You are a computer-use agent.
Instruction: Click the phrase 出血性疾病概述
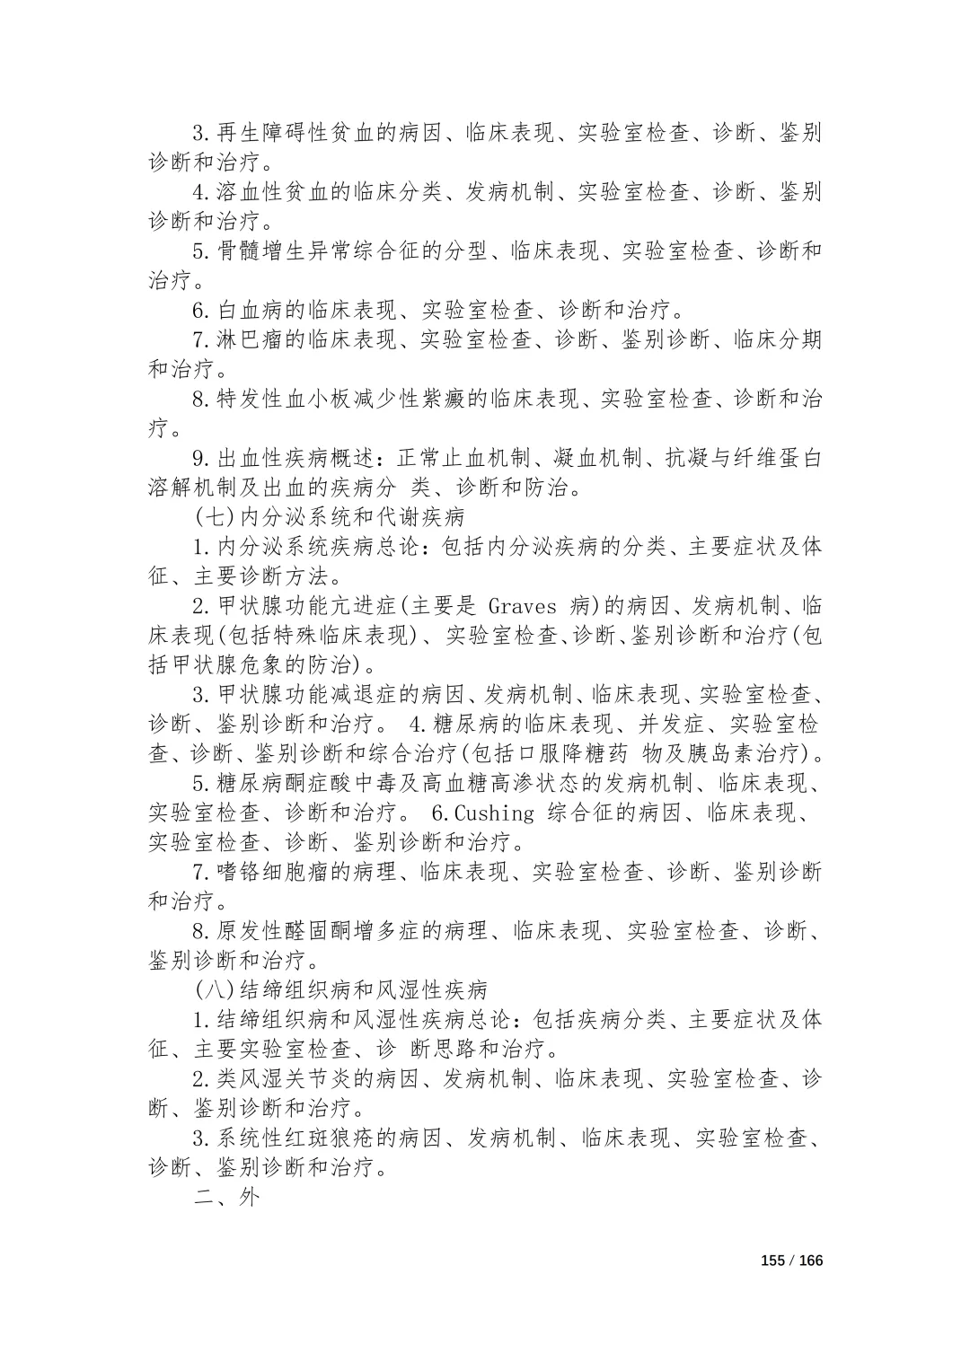pos(295,458)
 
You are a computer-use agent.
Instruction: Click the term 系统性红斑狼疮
pos(295,1138)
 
